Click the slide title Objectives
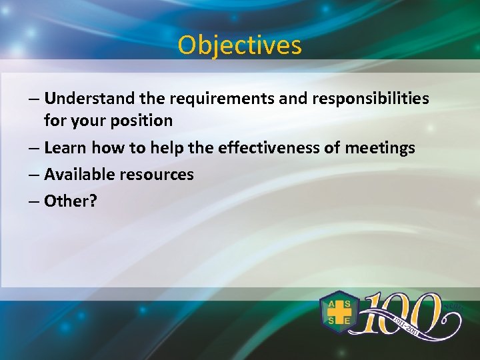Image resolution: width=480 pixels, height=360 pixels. click(x=239, y=45)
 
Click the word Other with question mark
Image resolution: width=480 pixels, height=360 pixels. click(x=70, y=201)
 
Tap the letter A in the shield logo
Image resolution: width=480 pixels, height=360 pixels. click(x=331, y=304)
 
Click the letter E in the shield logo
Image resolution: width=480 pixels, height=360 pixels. click(x=348, y=321)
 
